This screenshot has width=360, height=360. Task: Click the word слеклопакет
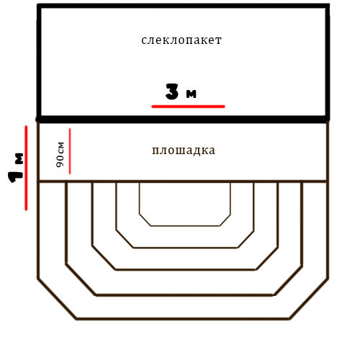pyautogui.click(x=181, y=40)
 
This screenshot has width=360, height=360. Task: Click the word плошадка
pyautogui.click(x=184, y=150)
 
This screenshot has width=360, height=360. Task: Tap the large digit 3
pyautogui.click(x=172, y=91)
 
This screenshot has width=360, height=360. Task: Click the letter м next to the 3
pyautogui.click(x=192, y=94)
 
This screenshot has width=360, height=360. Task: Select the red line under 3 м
pyautogui.click(x=188, y=107)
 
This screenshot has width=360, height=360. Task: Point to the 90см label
pyautogui.click(x=60, y=155)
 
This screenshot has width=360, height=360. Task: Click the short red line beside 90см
pyautogui.click(x=70, y=151)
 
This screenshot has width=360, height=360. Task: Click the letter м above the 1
pyautogui.click(x=19, y=158)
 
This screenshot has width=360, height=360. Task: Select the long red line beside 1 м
pyautogui.click(x=26, y=168)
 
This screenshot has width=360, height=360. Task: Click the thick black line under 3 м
pyautogui.click(x=182, y=120)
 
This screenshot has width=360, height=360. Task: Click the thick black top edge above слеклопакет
pyautogui.click(x=184, y=6)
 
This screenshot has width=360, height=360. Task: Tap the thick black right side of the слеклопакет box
pyautogui.click(x=328, y=63)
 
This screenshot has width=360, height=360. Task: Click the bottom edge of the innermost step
pyautogui.click(x=185, y=225)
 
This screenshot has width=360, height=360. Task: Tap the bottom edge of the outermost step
pyautogui.click(x=183, y=319)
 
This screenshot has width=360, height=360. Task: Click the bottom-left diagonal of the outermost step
pyautogui.click(x=57, y=299)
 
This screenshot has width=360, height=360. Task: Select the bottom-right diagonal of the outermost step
pyautogui.click(x=309, y=299)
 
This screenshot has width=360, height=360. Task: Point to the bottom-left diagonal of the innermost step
pyautogui.click(x=145, y=220)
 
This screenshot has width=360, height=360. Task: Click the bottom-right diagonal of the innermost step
pyautogui.click(x=225, y=220)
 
